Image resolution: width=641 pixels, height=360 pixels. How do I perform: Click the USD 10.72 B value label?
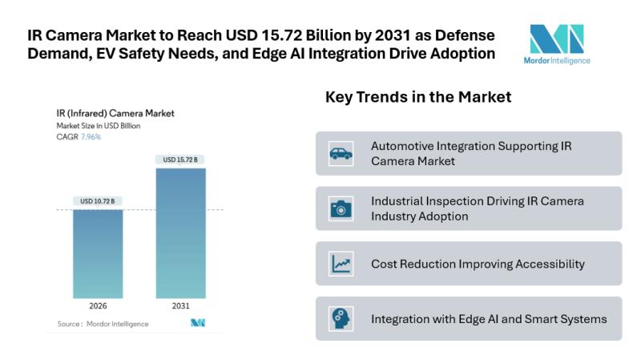(x=98, y=200)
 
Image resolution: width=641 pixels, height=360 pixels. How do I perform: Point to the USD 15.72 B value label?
(x=180, y=160)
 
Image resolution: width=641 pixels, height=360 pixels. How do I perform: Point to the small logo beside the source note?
(x=197, y=323)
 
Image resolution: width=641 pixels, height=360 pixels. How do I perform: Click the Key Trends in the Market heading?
(x=418, y=97)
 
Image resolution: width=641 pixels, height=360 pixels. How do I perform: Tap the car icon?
(x=341, y=154)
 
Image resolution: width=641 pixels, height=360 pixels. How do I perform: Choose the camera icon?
(x=341, y=208)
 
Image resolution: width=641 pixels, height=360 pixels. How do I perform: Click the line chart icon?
(x=341, y=263)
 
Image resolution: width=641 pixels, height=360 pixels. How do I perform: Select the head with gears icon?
(x=341, y=318)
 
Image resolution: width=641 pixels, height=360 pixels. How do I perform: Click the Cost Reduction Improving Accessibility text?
(x=478, y=264)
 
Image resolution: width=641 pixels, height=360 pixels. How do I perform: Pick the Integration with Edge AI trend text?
(x=489, y=318)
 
